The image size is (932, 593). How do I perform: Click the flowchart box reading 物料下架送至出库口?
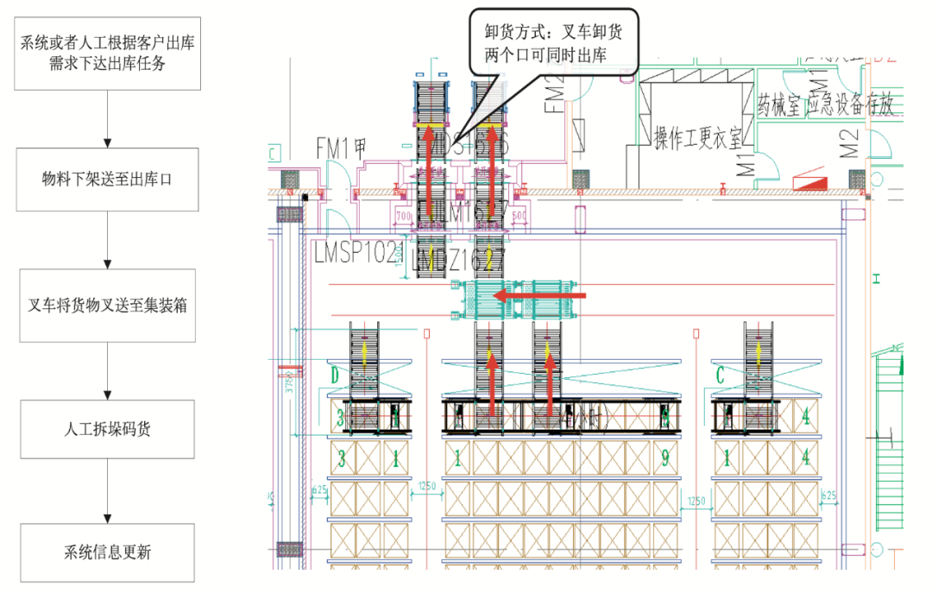[108, 180]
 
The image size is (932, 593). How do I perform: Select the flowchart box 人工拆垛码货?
[108, 429]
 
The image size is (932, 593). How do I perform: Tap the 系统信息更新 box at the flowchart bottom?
[108, 552]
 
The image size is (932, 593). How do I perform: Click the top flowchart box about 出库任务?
[108, 54]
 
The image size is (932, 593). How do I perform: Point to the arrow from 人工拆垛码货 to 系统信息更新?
[108, 490]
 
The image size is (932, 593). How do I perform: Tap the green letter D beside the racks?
[336, 375]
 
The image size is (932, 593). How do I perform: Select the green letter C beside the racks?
[721, 375]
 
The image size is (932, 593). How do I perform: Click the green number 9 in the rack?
[664, 458]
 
